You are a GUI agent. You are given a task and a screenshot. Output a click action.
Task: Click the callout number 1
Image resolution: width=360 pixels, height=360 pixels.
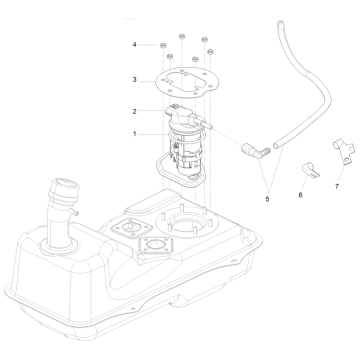tap(135, 134)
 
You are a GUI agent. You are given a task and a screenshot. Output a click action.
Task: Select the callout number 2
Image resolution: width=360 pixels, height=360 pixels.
tap(135, 111)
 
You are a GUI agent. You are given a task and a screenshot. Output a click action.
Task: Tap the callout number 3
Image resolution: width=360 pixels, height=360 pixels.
tap(135, 80)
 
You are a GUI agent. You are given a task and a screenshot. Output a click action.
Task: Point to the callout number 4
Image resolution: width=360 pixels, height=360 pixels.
tap(135, 44)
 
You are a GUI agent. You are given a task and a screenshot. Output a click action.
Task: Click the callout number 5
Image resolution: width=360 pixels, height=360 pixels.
tap(267, 199)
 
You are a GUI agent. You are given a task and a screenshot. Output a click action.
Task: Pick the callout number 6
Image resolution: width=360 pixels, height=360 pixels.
tap(300, 195)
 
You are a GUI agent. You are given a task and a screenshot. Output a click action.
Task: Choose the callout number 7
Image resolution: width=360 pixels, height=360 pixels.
tap(337, 186)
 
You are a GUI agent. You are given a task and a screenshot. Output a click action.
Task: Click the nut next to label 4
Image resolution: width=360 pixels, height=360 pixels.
tap(163, 46)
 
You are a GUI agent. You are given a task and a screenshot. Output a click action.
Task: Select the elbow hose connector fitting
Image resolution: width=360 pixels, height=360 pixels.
tap(256, 151)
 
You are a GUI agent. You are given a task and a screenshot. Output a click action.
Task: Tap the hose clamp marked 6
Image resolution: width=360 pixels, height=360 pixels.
tap(310, 169)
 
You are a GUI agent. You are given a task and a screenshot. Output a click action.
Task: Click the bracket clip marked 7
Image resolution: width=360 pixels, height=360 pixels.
tap(344, 151)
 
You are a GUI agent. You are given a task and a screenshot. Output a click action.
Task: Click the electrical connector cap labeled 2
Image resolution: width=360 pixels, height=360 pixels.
tap(180, 112)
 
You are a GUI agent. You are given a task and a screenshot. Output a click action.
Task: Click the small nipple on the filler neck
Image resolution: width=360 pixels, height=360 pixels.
tap(74, 212)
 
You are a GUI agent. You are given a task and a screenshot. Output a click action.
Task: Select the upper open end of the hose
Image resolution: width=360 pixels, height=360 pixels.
tap(280, 23)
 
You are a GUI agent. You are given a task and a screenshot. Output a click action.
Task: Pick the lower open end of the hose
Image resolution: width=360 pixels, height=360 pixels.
tap(276, 146)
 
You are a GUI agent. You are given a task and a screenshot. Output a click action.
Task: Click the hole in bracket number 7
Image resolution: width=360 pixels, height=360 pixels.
tap(347, 161)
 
